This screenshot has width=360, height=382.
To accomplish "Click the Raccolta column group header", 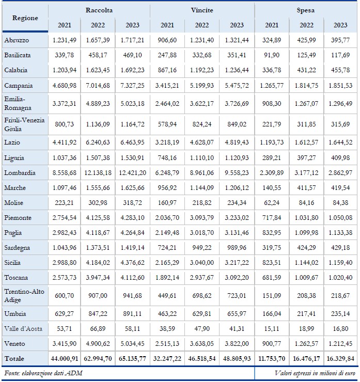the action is click(99, 10).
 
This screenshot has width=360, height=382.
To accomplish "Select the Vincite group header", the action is click(202, 10).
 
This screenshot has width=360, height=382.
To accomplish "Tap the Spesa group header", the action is click(305, 10).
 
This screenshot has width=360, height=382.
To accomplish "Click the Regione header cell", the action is click(25, 18).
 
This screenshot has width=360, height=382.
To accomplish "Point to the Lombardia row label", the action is click(20, 173).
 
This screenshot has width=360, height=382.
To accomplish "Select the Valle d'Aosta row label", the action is click(23, 329).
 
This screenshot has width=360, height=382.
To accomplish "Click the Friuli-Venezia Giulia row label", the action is click(24, 124).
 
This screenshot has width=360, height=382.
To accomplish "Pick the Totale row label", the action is click(14, 359).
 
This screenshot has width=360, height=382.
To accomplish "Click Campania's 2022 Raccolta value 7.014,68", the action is click(98, 86).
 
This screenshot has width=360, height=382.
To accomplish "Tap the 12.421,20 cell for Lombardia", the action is click(132, 173).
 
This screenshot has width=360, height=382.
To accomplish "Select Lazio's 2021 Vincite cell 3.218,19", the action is click(167, 142).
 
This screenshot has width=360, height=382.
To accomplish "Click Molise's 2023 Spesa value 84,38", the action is click(340, 203).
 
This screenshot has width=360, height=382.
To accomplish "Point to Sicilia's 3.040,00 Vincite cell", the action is click(202, 263).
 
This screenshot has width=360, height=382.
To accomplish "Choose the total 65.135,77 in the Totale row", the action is click(132, 359).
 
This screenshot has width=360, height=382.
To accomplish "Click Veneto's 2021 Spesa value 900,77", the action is click(272, 344).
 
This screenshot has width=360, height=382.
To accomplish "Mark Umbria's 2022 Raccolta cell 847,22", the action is click(98, 314).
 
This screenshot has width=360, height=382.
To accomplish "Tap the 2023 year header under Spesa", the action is click(340, 25).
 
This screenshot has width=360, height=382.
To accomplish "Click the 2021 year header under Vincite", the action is click(167, 25).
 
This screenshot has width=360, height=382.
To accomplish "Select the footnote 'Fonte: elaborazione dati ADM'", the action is click(43, 373).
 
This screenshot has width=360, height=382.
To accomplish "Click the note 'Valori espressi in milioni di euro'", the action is click(315, 373).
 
